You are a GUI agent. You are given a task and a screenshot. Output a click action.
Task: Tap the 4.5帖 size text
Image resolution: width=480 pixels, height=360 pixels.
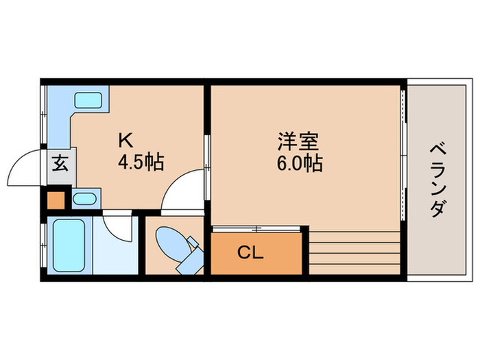[140, 163]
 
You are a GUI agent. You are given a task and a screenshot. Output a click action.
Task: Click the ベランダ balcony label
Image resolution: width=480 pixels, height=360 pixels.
[436, 180]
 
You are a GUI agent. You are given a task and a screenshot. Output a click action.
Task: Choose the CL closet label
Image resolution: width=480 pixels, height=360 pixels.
[251, 253]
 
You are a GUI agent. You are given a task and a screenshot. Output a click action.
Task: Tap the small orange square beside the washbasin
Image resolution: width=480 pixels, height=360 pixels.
[55, 200]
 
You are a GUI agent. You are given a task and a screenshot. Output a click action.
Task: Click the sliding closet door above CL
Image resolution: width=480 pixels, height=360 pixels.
[256, 227]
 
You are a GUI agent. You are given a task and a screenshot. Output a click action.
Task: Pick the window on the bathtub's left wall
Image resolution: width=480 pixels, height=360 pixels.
[43, 245]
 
